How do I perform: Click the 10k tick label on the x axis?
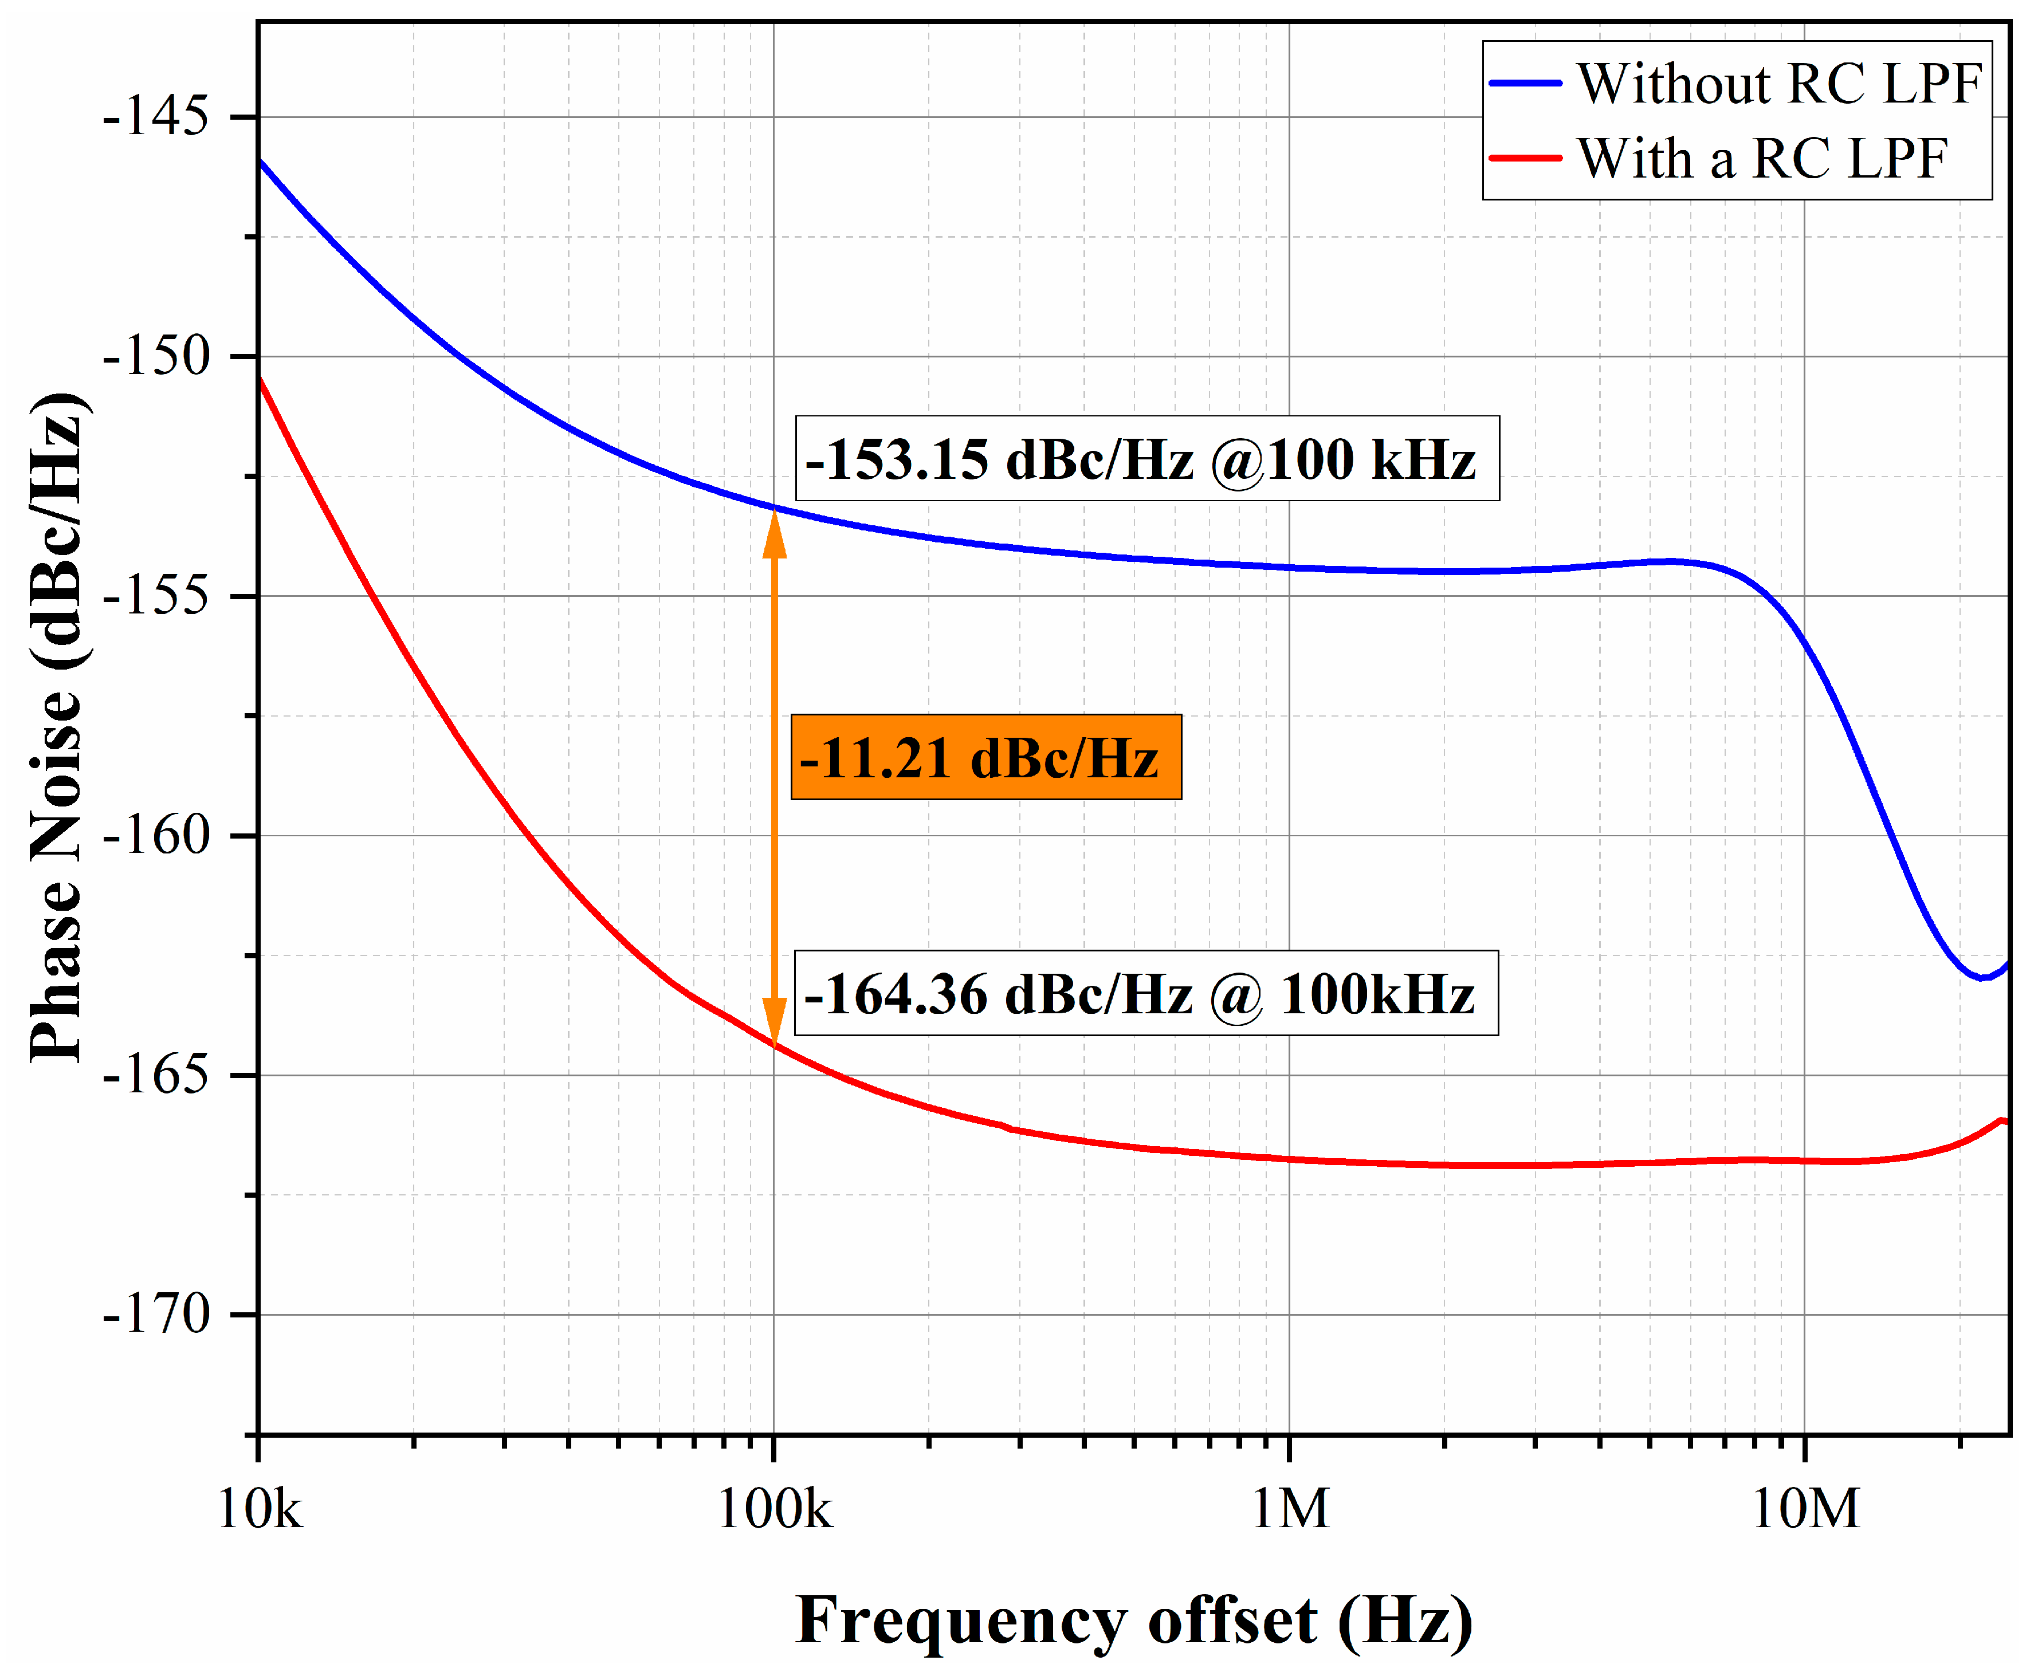pyautogui.click(x=259, y=1508)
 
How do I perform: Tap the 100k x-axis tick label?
pyautogui.click(x=773, y=1508)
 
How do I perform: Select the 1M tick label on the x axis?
pyautogui.click(x=1290, y=1508)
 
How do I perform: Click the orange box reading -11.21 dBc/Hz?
pyautogui.click(x=985, y=758)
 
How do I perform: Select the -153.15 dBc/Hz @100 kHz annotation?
pyautogui.click(x=1146, y=459)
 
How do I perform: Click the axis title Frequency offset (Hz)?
pyautogui.click(x=1134, y=1620)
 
